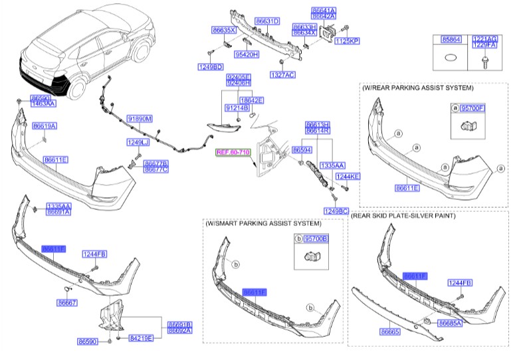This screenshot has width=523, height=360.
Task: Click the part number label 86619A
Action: click(45, 126)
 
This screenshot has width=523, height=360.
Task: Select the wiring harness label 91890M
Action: click(140, 119)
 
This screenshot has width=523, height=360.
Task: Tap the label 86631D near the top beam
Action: click(267, 21)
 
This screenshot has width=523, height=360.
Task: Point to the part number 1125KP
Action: click(346, 41)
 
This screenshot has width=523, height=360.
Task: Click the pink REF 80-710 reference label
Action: click(233, 153)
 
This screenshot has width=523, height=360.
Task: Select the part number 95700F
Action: click(472, 108)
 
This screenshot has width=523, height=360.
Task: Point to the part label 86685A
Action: click(451, 323)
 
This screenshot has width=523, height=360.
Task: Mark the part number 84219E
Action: click(140, 338)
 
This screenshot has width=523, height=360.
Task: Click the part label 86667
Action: click(67, 302)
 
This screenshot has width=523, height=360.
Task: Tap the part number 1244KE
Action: click(348, 177)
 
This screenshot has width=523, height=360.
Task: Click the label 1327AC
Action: click(282, 75)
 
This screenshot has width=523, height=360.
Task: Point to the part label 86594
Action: click(302, 151)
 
